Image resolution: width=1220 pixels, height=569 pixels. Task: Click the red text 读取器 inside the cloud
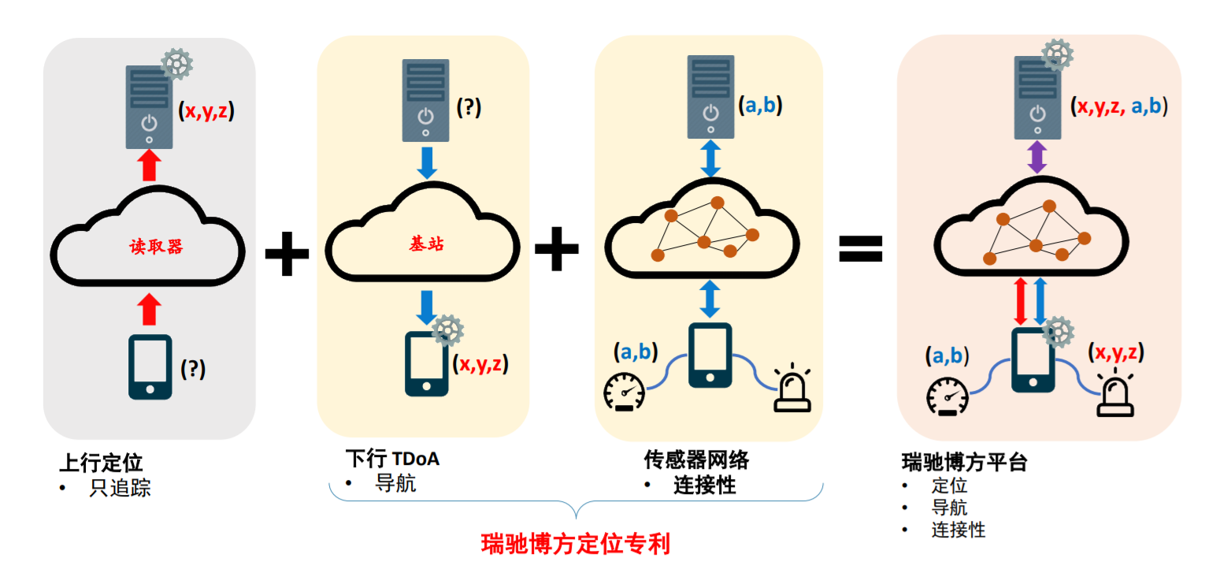(x=156, y=247)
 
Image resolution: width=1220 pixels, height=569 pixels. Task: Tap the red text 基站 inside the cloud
(x=427, y=244)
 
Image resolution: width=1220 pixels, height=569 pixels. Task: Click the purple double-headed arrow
(x=1037, y=158)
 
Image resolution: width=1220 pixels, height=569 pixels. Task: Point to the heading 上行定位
(x=101, y=462)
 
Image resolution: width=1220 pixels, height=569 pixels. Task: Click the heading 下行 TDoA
(x=392, y=458)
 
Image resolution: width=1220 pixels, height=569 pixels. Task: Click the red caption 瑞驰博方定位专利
(x=575, y=544)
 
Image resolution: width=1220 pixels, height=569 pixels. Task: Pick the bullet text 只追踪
(x=120, y=489)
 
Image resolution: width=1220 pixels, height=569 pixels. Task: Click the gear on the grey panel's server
(x=177, y=64)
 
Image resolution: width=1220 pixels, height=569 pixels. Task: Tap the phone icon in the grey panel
(x=150, y=366)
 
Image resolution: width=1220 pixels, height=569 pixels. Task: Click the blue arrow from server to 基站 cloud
(x=426, y=161)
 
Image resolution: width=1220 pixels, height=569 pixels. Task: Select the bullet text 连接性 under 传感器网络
(x=704, y=485)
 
